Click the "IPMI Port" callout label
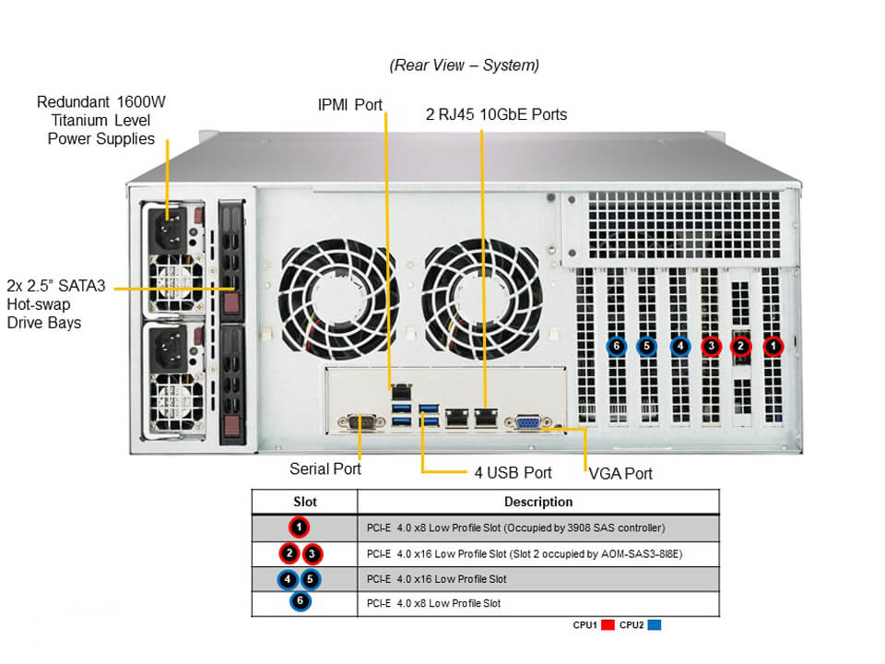tap(349, 104)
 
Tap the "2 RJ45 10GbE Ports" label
tap(496, 114)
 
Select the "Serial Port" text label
tap(325, 468)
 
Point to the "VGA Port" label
tap(620, 473)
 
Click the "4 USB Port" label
tap(513, 472)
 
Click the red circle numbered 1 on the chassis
tap(773, 347)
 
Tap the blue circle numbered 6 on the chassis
tap(617, 347)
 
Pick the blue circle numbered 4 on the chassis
tap(679, 347)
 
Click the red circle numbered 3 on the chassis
tap(711, 347)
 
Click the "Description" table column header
tap(538, 502)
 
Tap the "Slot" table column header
tap(304, 502)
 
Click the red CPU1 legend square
tap(608, 625)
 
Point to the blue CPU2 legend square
tap(654, 625)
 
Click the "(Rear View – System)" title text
tap(464, 65)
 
